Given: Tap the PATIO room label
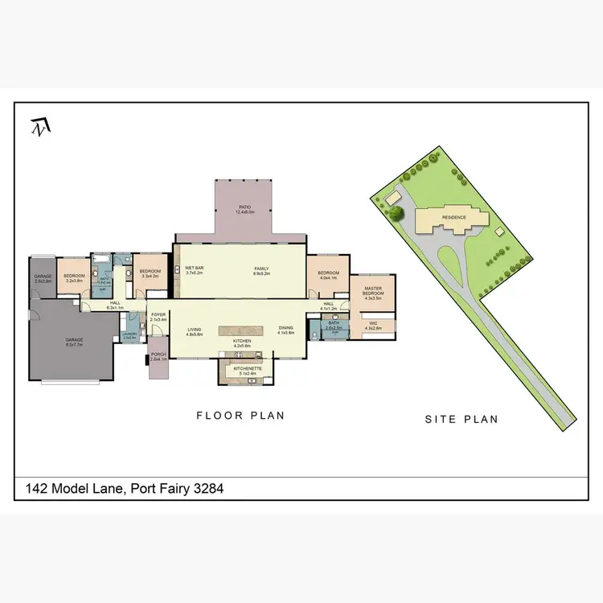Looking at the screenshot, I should [246, 210].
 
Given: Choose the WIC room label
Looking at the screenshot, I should [372, 326].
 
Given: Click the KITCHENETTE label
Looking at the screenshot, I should [247, 370].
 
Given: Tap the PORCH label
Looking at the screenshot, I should [158, 355].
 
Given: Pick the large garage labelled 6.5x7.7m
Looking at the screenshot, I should [75, 342].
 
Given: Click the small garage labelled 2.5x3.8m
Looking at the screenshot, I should [43, 278].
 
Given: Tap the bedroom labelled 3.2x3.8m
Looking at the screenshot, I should [74, 277].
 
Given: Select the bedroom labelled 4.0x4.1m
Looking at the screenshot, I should [328, 276].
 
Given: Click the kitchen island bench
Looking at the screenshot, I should [241, 330].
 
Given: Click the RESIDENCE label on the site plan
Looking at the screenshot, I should [454, 217].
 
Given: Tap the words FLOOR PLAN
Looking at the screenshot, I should [240, 416].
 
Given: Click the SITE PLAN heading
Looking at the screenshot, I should [461, 419].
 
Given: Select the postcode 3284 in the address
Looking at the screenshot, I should [206, 488].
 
